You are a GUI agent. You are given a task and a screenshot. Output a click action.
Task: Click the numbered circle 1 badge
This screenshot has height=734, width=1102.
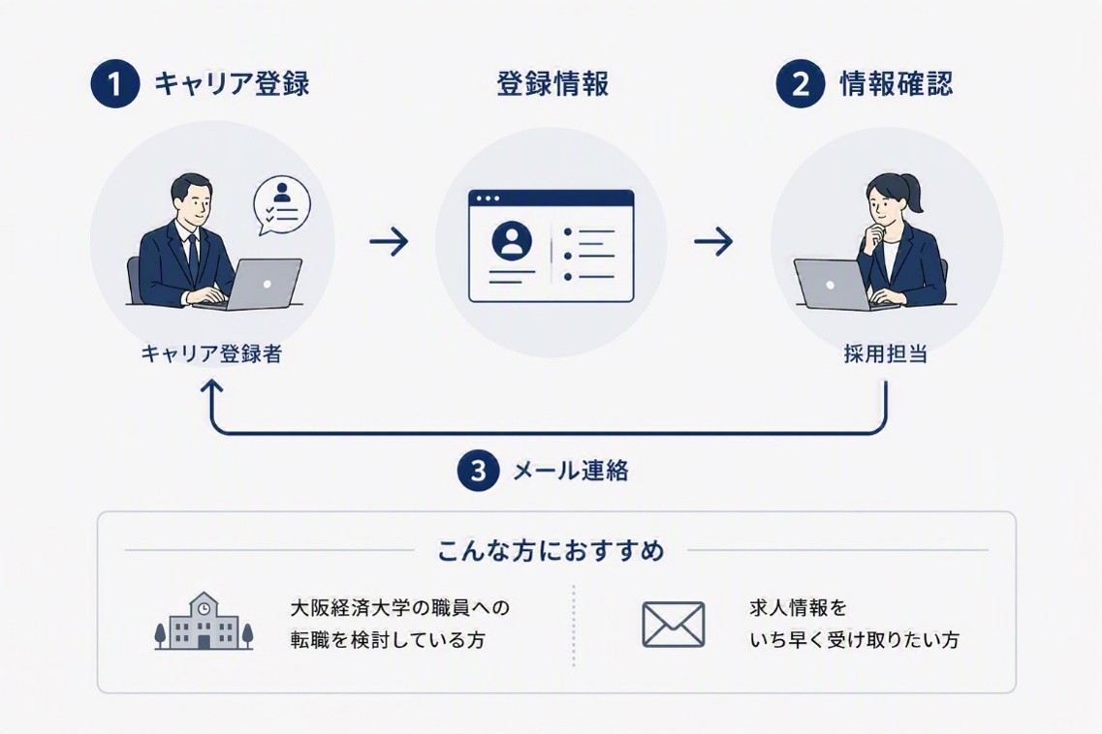pos(115,83)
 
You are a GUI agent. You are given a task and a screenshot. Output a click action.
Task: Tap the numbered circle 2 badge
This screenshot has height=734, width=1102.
pos(800,83)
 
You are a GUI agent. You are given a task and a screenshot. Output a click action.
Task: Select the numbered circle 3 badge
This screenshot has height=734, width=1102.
pos(478,470)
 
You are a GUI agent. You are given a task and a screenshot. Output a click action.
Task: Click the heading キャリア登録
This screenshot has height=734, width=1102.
pos(232,83)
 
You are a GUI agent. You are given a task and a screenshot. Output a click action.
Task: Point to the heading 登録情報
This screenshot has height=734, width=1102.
pos(552,83)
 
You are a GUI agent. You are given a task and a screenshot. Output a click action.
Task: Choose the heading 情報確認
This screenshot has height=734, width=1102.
pos(897,83)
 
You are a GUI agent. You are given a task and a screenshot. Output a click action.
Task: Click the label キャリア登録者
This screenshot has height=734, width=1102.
pos(211,353)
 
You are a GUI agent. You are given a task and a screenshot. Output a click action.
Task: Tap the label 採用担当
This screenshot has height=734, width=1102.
pos(886,353)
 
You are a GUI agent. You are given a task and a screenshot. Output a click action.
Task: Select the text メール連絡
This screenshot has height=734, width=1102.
pos(571,471)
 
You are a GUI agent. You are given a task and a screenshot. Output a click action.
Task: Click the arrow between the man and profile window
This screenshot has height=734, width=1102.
pos(389,242)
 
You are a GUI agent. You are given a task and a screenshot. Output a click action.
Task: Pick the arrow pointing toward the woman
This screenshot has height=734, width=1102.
pos(713,242)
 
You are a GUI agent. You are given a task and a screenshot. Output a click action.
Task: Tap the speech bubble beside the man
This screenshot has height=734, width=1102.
pos(281,205)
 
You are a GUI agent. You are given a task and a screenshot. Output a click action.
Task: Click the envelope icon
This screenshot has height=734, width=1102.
pos(674,625)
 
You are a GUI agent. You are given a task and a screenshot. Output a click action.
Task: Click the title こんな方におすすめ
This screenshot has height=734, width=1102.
pos(551,551)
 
